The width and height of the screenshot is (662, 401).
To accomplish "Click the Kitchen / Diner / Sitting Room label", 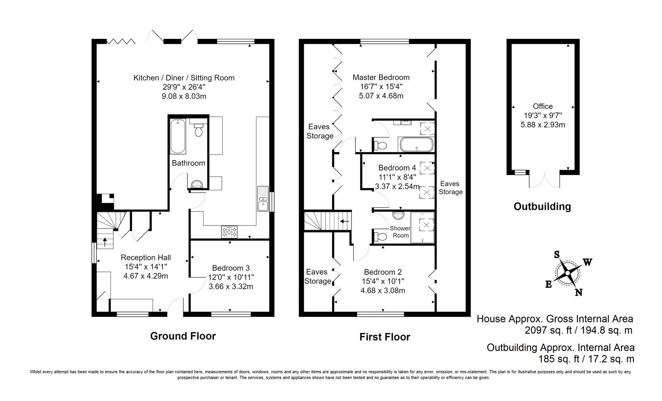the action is pos(184,78).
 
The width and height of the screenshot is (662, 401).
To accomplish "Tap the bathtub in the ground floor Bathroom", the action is pos(178,136).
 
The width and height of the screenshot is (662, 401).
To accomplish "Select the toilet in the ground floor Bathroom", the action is pos(198,127).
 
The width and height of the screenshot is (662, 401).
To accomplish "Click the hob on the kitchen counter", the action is pos(229,232).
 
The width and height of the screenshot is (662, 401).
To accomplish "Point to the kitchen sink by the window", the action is pos(263,199).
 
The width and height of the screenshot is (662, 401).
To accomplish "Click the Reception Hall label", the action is pos(146,258).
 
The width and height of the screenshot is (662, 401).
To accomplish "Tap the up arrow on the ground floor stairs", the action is pos(105,243).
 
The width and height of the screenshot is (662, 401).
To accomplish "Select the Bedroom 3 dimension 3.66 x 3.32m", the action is pos(231,287).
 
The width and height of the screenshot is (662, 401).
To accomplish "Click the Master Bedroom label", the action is pos(381,77).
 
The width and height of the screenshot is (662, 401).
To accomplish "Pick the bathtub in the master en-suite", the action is pos(416,145).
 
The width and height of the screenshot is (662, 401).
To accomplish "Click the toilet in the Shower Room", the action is pos(380,237).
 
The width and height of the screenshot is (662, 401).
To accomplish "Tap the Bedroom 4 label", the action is pos(397,168).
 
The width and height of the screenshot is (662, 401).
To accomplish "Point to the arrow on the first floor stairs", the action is pos(345,221).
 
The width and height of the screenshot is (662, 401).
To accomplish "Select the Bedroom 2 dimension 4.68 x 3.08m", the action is pos(383,291).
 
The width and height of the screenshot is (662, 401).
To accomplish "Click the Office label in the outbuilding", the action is pos(542,106).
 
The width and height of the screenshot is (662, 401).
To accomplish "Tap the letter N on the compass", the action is pos(578,292).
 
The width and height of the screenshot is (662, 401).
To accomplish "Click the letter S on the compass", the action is pos(557,255).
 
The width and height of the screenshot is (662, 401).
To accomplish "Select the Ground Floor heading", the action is pos(183,336).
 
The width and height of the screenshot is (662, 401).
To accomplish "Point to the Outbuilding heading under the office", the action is pos(542,207).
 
